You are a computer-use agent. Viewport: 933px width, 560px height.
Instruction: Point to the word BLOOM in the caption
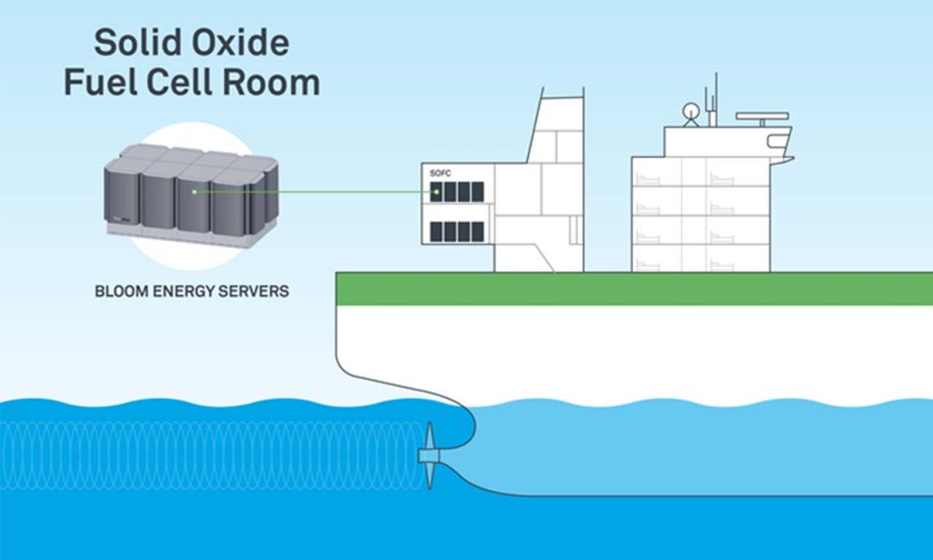[x=123, y=291]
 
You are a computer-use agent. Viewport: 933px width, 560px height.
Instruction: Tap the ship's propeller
[x=429, y=455]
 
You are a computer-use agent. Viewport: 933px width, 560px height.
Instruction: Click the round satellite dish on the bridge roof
[x=690, y=110]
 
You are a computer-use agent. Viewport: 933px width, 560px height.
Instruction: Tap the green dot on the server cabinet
[x=194, y=192]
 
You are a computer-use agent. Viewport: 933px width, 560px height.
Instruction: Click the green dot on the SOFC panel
[x=436, y=193]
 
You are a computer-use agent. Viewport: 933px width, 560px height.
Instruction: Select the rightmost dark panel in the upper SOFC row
[x=478, y=192]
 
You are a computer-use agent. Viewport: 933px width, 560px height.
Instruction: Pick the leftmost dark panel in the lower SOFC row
[x=436, y=231]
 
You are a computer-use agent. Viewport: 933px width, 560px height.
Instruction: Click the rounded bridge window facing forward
[x=778, y=142]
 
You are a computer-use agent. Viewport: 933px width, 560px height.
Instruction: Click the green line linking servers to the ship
[x=317, y=193]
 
